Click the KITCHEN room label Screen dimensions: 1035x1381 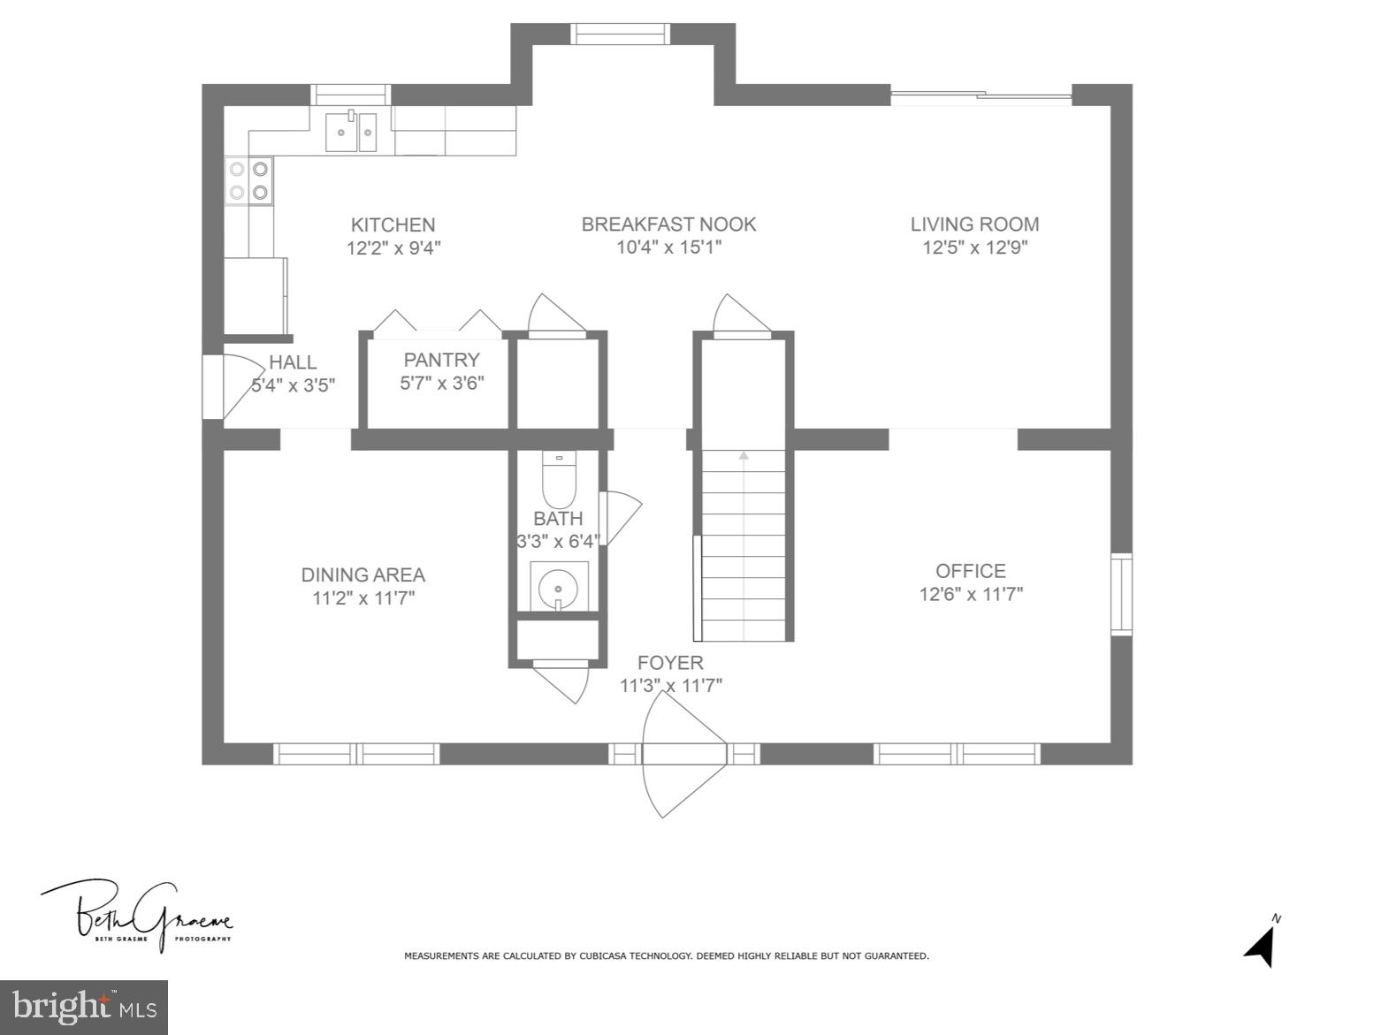click(393, 225)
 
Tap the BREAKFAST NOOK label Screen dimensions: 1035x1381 click(668, 224)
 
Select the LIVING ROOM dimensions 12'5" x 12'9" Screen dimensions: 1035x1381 click(974, 247)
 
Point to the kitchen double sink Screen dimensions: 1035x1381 click(351, 133)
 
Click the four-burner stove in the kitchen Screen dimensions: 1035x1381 click(248, 180)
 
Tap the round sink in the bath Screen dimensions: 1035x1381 click(559, 586)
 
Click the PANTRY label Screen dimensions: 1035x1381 click(441, 360)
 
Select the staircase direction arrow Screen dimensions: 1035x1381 click(744, 456)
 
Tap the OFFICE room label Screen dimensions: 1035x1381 click(970, 571)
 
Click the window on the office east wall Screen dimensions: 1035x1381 click(1121, 594)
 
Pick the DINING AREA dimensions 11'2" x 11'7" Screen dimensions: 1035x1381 click(363, 598)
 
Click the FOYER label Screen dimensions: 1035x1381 click(670, 663)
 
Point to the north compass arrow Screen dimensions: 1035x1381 click(1262, 947)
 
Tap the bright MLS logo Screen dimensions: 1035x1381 click(84, 1007)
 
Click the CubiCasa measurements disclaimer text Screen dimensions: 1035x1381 click(666, 955)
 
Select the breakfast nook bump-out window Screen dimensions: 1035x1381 click(619, 34)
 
